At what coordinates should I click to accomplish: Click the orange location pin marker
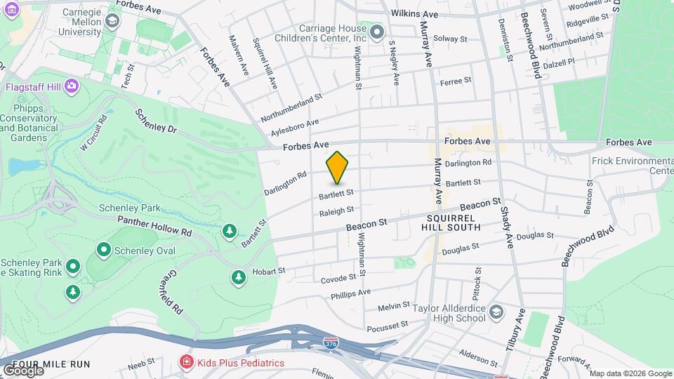(337, 168)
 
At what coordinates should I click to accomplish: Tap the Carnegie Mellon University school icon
(111, 21)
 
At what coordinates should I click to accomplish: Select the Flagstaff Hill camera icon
(71, 86)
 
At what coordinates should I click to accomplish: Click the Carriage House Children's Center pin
(377, 32)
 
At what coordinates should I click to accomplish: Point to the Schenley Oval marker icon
(104, 249)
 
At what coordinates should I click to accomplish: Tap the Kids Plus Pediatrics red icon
(187, 362)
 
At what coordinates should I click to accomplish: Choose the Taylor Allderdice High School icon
(496, 311)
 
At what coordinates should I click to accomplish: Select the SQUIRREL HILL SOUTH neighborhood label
(451, 222)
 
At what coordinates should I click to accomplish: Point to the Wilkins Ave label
(414, 14)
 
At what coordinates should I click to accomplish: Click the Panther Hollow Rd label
(154, 225)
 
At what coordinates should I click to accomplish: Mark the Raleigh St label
(336, 211)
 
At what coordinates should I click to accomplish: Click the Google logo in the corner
(22, 370)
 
